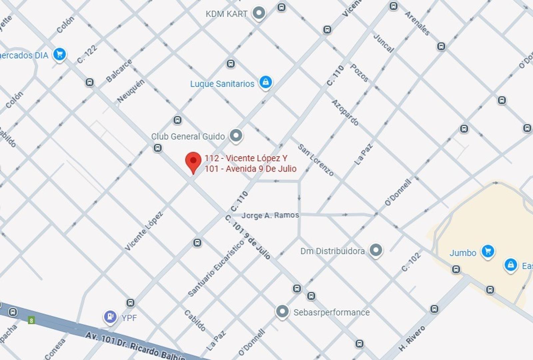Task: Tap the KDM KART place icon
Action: tap(259, 13)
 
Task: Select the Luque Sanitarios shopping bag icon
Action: tap(266, 82)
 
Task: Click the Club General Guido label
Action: tap(188, 136)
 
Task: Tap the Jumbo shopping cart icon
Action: tap(488, 251)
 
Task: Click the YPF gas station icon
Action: tap(110, 316)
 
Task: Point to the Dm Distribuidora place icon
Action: tap(376, 250)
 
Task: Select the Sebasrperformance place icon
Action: tap(282, 312)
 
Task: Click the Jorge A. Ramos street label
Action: tap(270, 215)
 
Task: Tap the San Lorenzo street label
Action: tap(315, 160)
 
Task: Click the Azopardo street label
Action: tap(345, 112)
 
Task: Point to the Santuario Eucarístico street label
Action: tap(216, 268)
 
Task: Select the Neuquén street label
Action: tap(131, 91)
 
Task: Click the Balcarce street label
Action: tap(119, 71)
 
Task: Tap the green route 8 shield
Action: tap(31, 321)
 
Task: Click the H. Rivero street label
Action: tap(412, 338)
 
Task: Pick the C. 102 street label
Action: tap(411, 262)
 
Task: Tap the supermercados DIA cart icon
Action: tap(60, 54)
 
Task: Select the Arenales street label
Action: tap(417, 23)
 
